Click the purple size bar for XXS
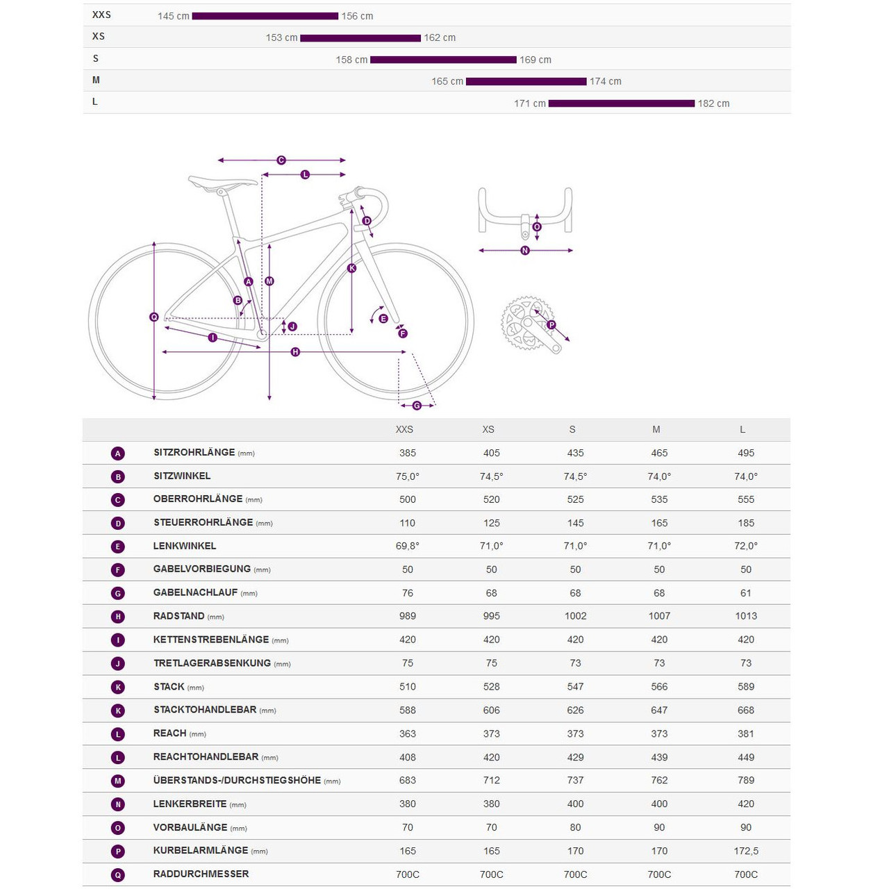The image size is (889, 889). [265, 16]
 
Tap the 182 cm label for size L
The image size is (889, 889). [713, 103]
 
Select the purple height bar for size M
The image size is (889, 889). [526, 81]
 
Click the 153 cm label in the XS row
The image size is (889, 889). [281, 38]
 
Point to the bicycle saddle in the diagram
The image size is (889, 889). [222, 183]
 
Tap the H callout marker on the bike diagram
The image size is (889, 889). [295, 352]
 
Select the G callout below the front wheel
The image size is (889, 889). [417, 406]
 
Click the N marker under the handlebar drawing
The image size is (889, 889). [525, 251]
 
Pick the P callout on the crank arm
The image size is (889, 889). [551, 325]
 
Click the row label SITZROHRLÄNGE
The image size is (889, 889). [194, 453]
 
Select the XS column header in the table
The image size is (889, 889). [488, 430]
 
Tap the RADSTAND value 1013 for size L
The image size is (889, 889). [746, 616]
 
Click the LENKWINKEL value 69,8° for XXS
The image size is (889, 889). [408, 546]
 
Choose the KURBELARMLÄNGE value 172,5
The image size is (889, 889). [746, 851]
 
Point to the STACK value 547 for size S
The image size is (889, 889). [575, 687]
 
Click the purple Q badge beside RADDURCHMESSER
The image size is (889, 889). [118, 875]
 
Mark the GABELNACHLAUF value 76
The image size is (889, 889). [408, 593]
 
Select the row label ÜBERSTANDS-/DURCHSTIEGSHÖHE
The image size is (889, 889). [237, 781]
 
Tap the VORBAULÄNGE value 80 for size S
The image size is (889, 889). [575, 828]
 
